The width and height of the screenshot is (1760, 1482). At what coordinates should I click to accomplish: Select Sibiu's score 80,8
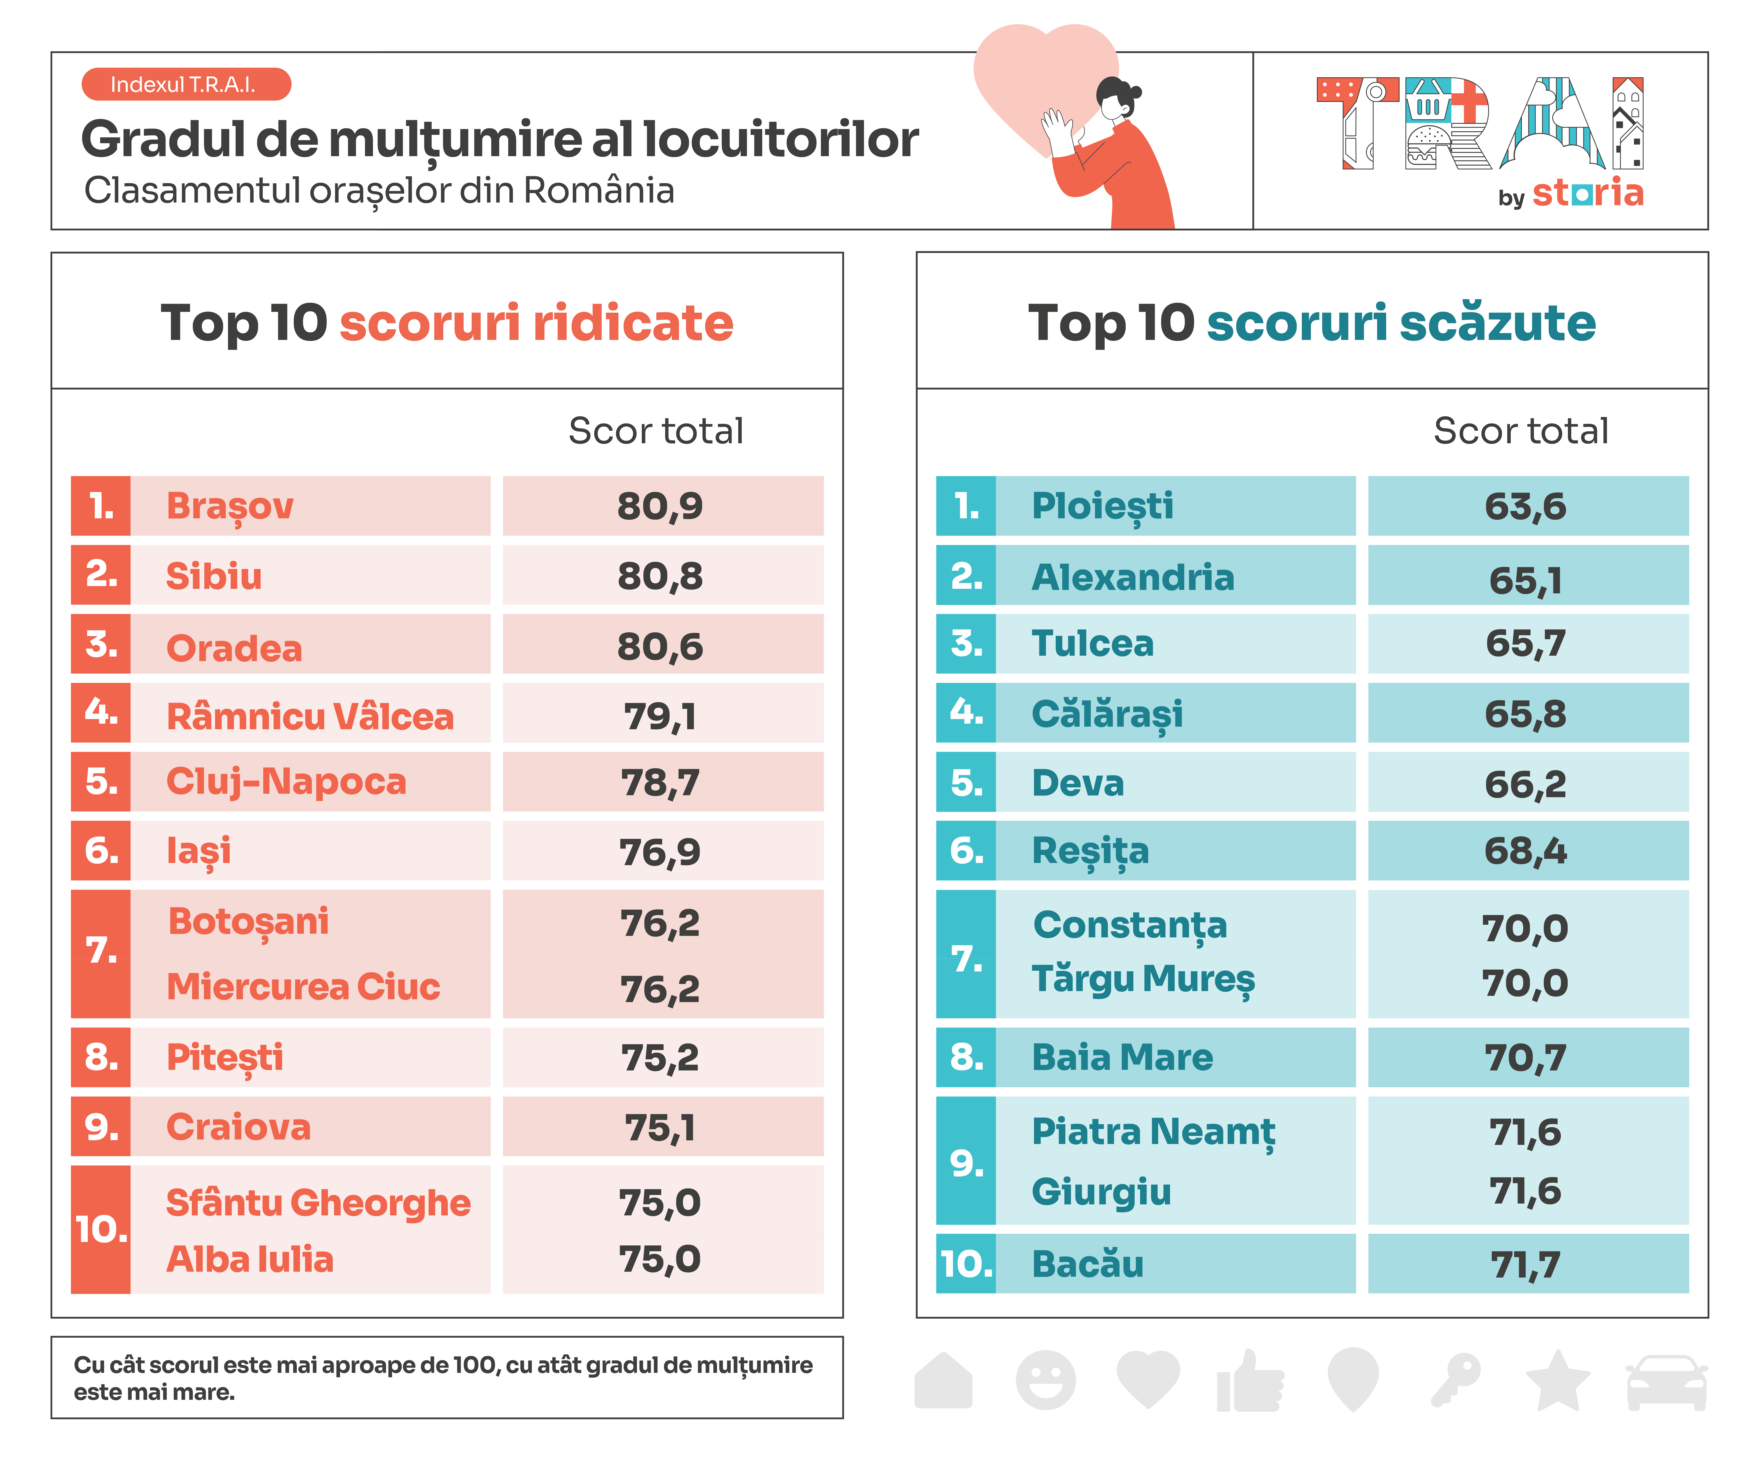[x=660, y=576]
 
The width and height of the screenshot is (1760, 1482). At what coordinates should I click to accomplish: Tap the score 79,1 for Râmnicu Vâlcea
[x=660, y=717]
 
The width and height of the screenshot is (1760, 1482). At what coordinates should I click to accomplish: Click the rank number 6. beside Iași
[x=101, y=851]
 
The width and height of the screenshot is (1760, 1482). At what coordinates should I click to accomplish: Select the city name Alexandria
[x=1132, y=577]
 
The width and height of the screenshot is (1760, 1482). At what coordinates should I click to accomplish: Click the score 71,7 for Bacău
[x=1525, y=1264]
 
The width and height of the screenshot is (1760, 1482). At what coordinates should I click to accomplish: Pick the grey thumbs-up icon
[x=1250, y=1382]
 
